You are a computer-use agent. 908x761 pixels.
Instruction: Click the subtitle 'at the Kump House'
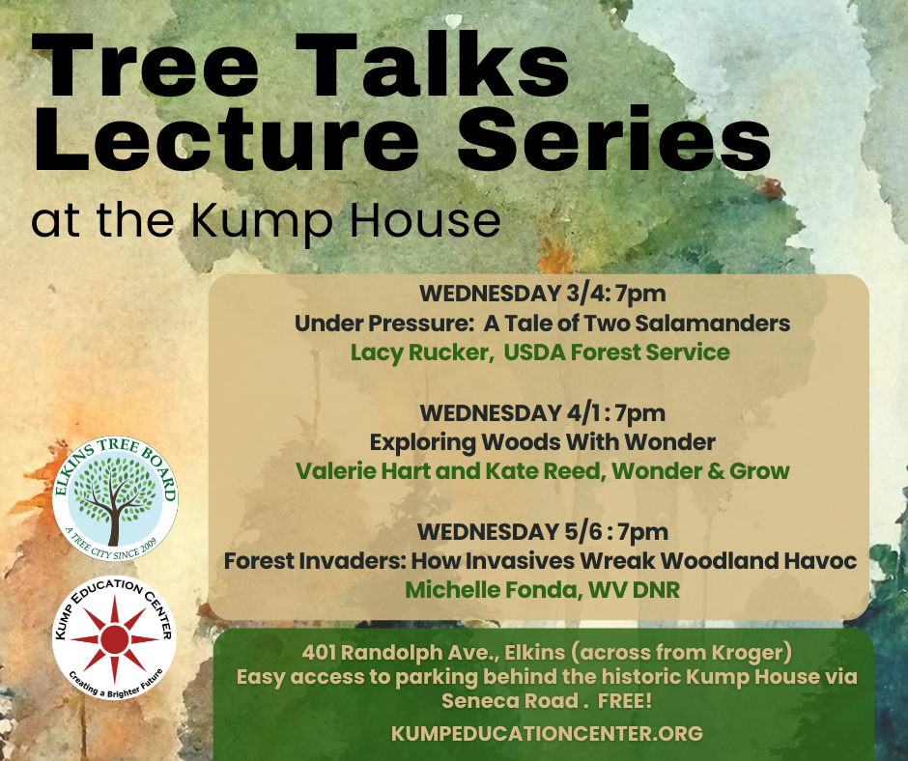[266, 220]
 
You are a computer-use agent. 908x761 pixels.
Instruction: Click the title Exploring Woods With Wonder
[542, 442]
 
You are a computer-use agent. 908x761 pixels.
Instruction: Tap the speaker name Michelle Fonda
[488, 590]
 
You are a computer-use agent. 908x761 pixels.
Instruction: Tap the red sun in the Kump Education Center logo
[114, 640]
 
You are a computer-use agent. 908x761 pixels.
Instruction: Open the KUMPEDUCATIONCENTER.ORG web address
[547, 734]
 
